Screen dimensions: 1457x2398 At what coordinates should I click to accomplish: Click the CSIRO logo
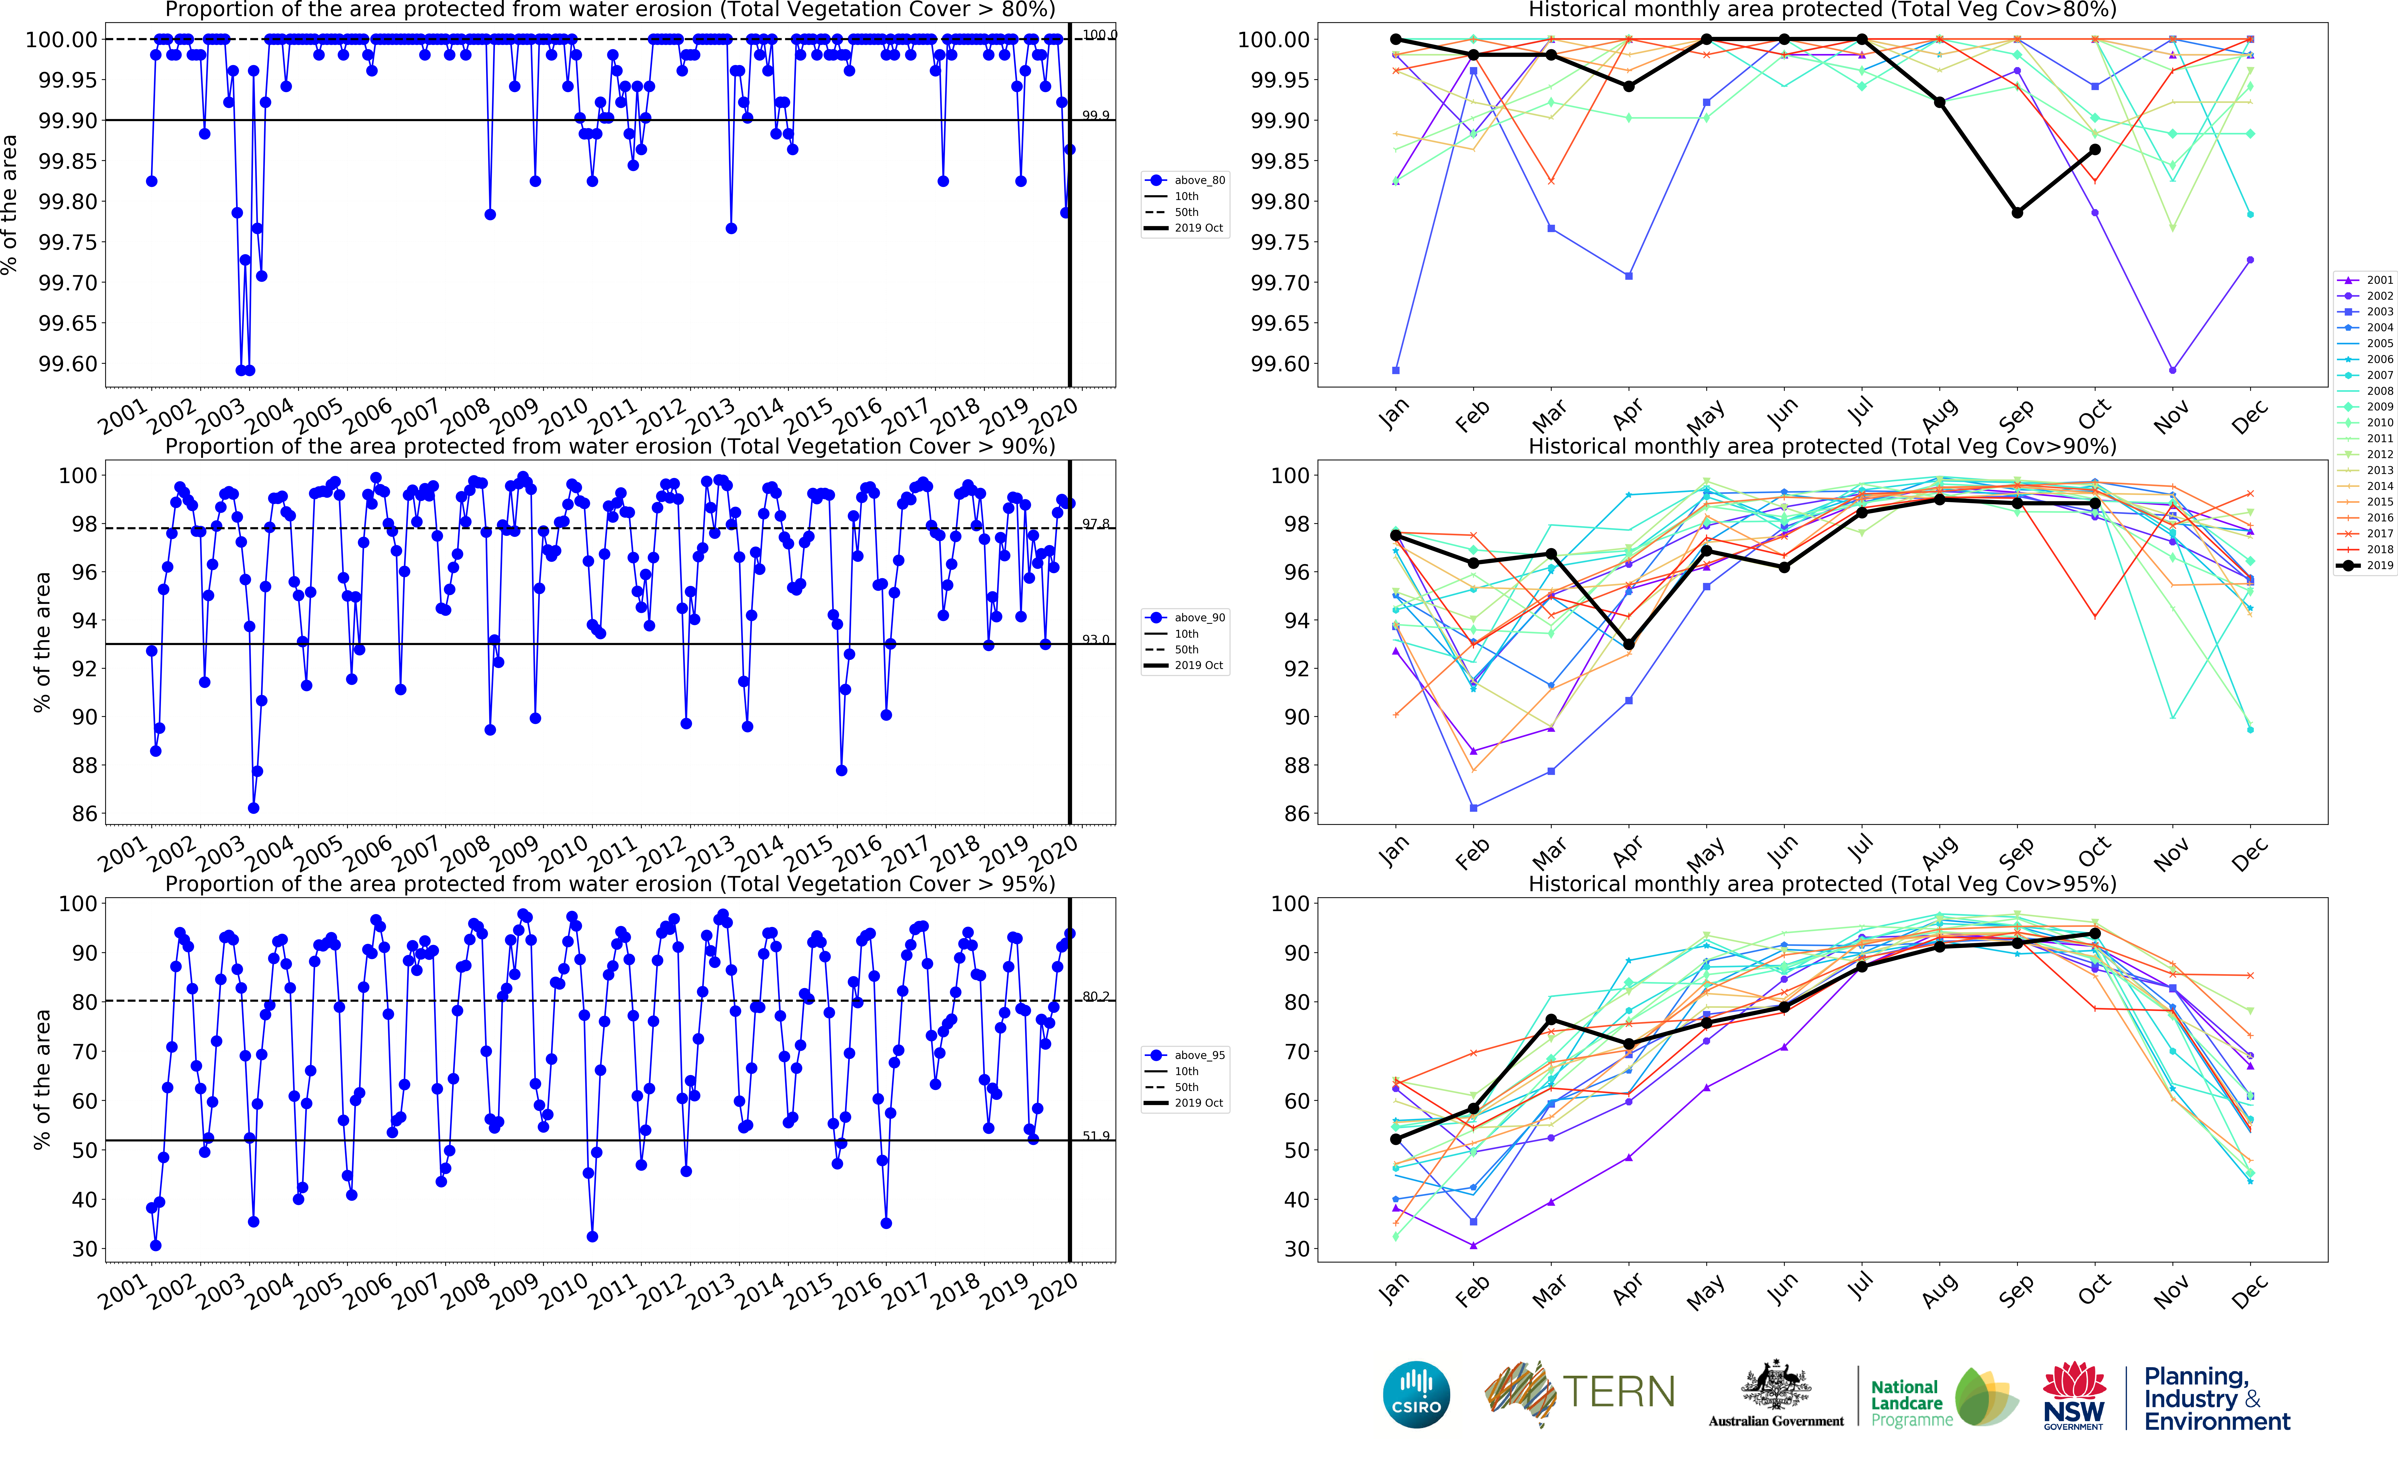1416,1394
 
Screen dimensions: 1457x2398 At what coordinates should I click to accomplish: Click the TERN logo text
1619,1392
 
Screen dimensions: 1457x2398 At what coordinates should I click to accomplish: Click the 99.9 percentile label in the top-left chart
1096,115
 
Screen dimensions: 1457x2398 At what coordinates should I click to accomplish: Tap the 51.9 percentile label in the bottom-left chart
1096,1136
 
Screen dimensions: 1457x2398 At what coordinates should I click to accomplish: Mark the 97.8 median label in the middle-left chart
1096,524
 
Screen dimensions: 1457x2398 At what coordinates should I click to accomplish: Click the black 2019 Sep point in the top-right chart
2018,212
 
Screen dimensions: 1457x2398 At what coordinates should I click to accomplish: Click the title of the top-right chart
1822,10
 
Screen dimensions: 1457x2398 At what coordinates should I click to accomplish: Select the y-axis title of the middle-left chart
41,642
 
